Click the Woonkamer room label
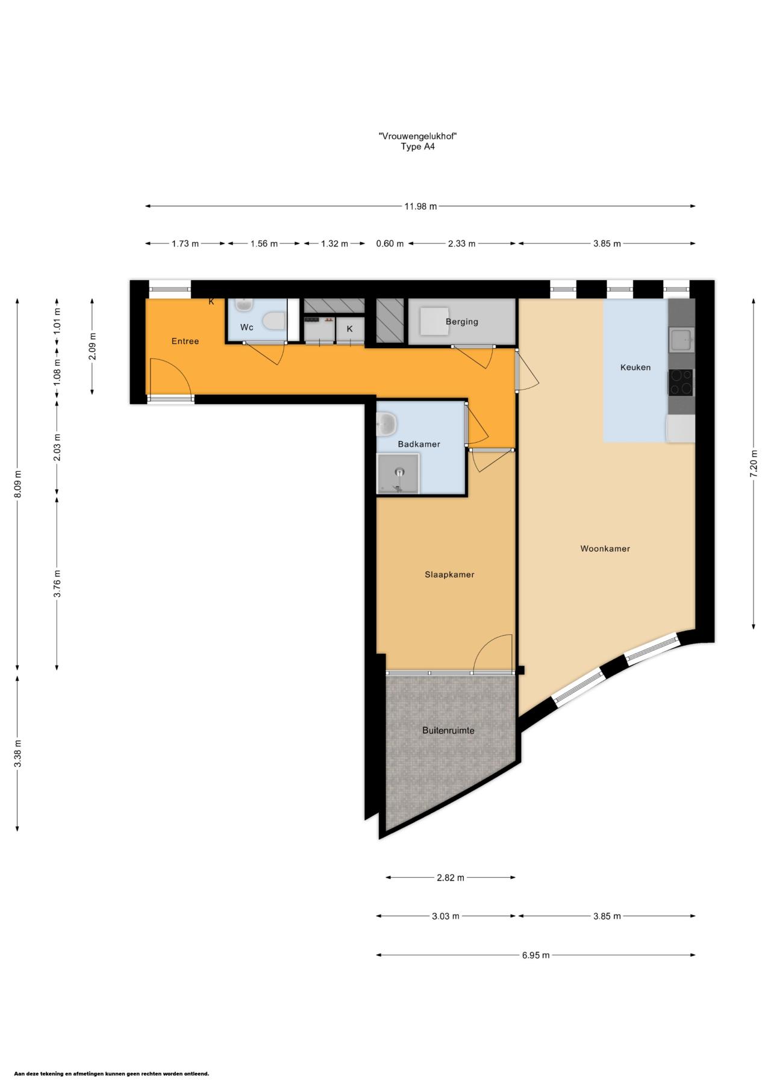605,549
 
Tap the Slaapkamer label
449,575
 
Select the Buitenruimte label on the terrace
448,731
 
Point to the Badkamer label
419,444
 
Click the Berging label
462,322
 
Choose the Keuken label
635,367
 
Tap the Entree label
185,341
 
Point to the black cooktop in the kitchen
681,383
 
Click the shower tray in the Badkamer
398,474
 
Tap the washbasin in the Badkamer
387,424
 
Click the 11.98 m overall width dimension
420,206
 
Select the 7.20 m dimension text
754,464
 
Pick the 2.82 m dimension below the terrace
451,878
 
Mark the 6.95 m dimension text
535,955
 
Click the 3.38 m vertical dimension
17,753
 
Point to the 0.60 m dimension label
390,243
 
